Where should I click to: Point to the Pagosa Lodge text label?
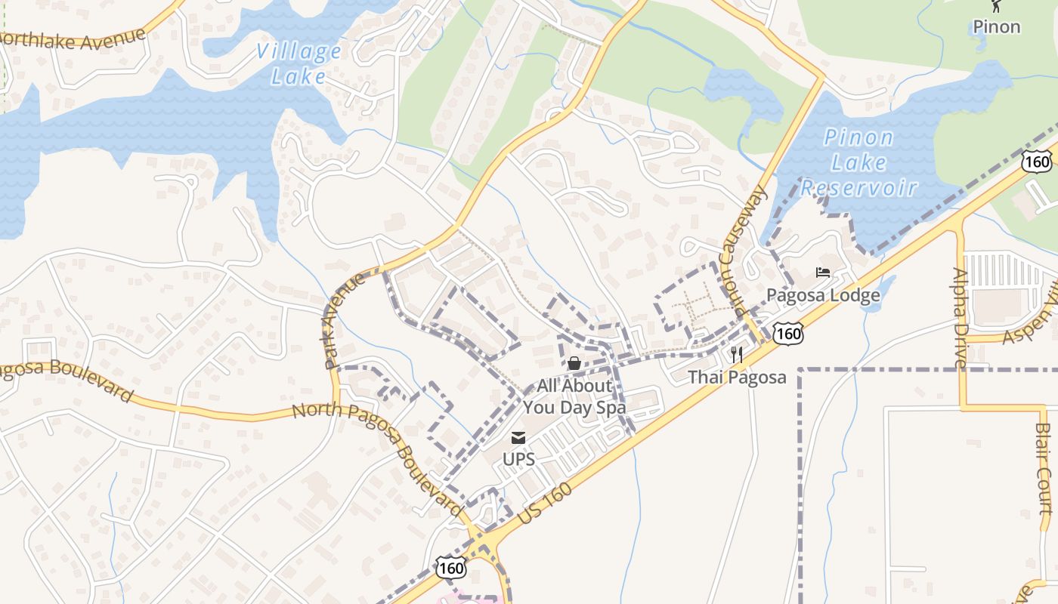pos(823,294)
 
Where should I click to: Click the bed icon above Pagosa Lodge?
pos(823,273)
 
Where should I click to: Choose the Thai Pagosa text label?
pos(737,377)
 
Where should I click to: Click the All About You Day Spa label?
pos(574,396)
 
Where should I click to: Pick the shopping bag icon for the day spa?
pos(574,364)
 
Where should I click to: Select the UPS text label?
pos(518,459)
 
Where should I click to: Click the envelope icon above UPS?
pos(518,437)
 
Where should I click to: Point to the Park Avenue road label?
pos(345,321)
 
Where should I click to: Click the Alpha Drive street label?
pos(960,318)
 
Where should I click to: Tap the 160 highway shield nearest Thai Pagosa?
pos(788,332)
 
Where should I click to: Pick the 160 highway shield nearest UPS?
pos(451,567)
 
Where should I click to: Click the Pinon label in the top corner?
pos(996,27)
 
